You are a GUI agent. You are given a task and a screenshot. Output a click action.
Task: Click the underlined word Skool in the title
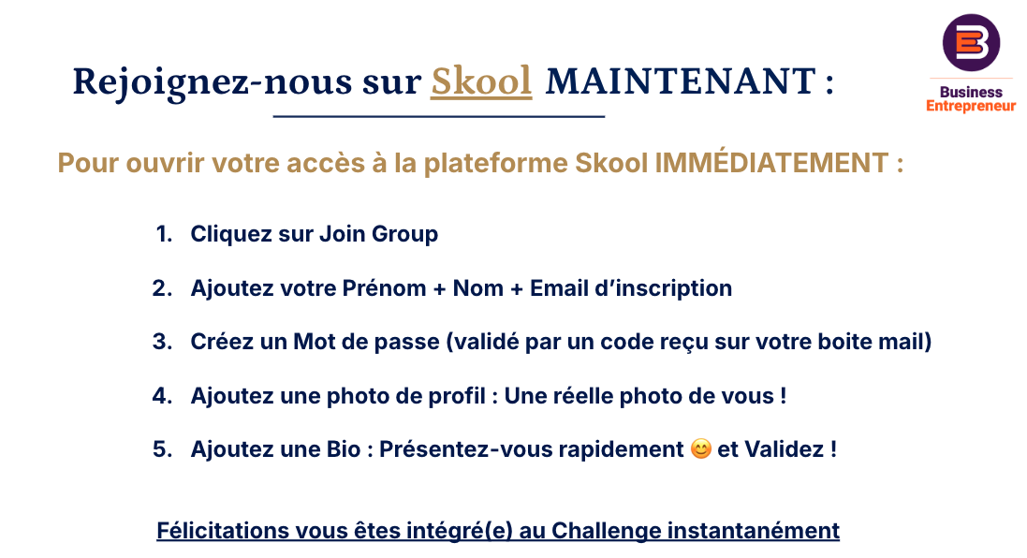tap(481, 81)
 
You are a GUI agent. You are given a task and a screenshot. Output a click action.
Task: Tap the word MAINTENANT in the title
tap(681, 81)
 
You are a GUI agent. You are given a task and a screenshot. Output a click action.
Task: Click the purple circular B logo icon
tap(971, 42)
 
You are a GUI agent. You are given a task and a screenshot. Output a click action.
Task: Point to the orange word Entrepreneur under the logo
tap(971, 106)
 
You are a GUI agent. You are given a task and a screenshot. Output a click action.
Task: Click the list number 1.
tap(164, 234)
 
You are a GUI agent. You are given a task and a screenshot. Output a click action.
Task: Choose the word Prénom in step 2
tap(384, 288)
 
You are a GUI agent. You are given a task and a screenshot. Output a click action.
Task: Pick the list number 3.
tap(163, 341)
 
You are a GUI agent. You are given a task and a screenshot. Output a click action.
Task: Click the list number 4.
tap(163, 396)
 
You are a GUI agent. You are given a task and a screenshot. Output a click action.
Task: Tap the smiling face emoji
tap(701, 449)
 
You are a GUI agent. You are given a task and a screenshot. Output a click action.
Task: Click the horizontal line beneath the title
tap(439, 117)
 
